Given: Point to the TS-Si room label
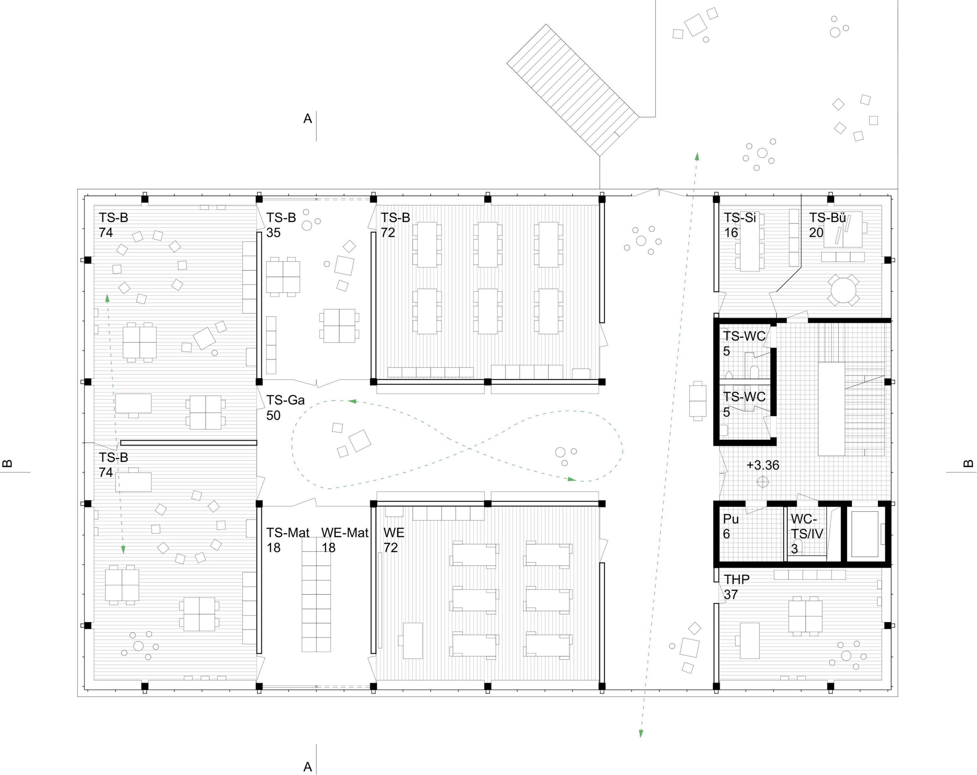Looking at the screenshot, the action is pos(740,218).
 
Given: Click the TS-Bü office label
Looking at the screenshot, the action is pos(828,218).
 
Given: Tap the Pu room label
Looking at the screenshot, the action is pos(730,519).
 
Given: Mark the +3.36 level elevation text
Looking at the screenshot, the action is pos(763,465).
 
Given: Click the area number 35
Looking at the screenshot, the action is pos(273,232).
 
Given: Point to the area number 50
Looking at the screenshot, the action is pos(273,415).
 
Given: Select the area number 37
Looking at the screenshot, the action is pos(730,594).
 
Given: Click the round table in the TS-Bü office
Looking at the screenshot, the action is pos(843,289).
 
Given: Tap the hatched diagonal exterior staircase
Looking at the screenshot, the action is pos(573,90).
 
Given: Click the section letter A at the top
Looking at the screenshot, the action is pos(308,119).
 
